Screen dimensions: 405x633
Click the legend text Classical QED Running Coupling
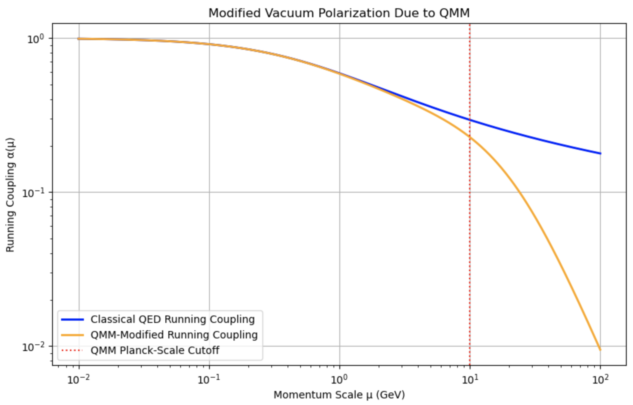click(x=173, y=319)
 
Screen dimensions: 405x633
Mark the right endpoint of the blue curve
click(x=600, y=154)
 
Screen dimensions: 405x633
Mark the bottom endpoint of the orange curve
click(x=600, y=350)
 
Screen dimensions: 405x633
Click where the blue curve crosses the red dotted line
click(x=470, y=120)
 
